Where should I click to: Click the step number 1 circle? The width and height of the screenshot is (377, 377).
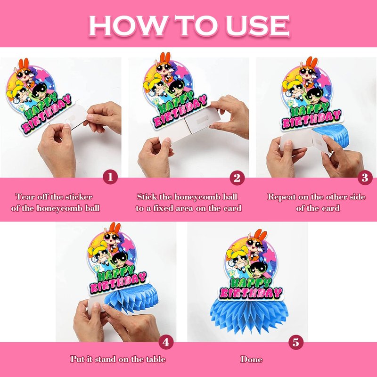point(110,177)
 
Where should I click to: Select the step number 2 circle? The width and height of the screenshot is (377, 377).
point(237,178)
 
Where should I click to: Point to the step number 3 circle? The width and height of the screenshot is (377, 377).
point(365,178)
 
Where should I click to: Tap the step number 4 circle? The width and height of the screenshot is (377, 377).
point(166,342)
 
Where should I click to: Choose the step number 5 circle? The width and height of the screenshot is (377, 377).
point(296,342)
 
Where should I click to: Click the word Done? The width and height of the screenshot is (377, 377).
point(251,359)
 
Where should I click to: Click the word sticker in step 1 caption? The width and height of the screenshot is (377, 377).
point(79,197)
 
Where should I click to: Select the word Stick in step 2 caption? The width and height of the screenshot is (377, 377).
point(147,197)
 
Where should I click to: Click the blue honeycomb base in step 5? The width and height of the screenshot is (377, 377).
point(249,315)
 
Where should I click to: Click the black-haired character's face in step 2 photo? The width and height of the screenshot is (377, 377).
point(177,88)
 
